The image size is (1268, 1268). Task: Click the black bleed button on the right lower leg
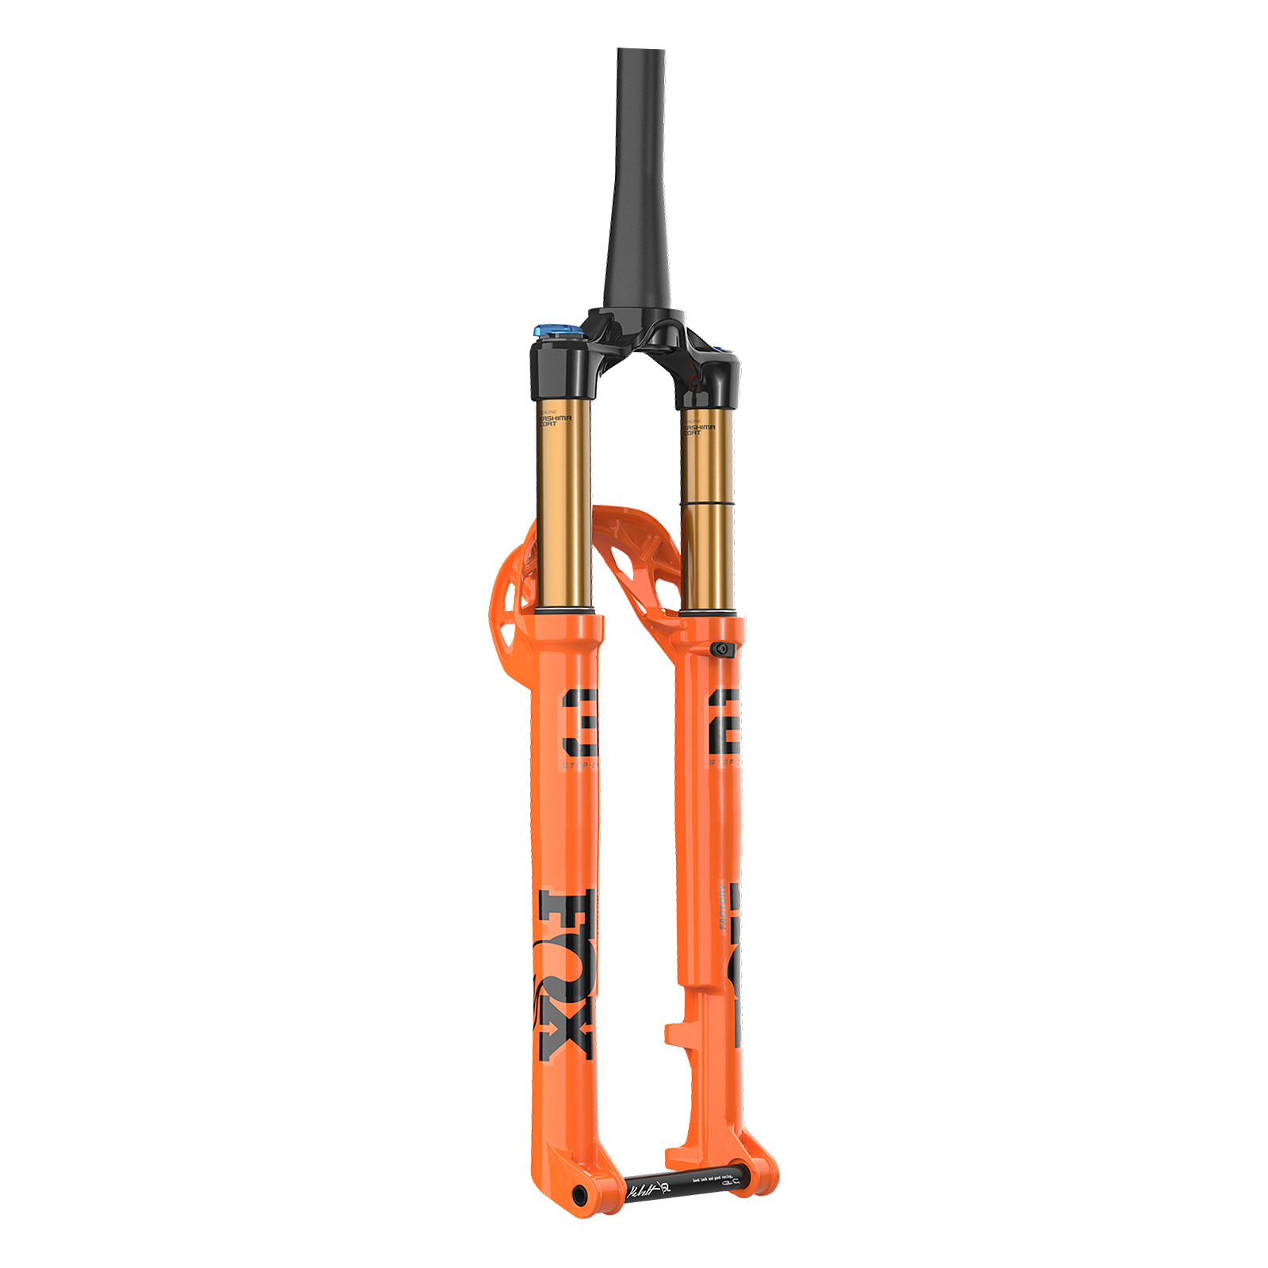[721, 649]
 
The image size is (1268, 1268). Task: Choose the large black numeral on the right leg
[724, 721]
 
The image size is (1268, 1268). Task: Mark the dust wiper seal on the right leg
[711, 613]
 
